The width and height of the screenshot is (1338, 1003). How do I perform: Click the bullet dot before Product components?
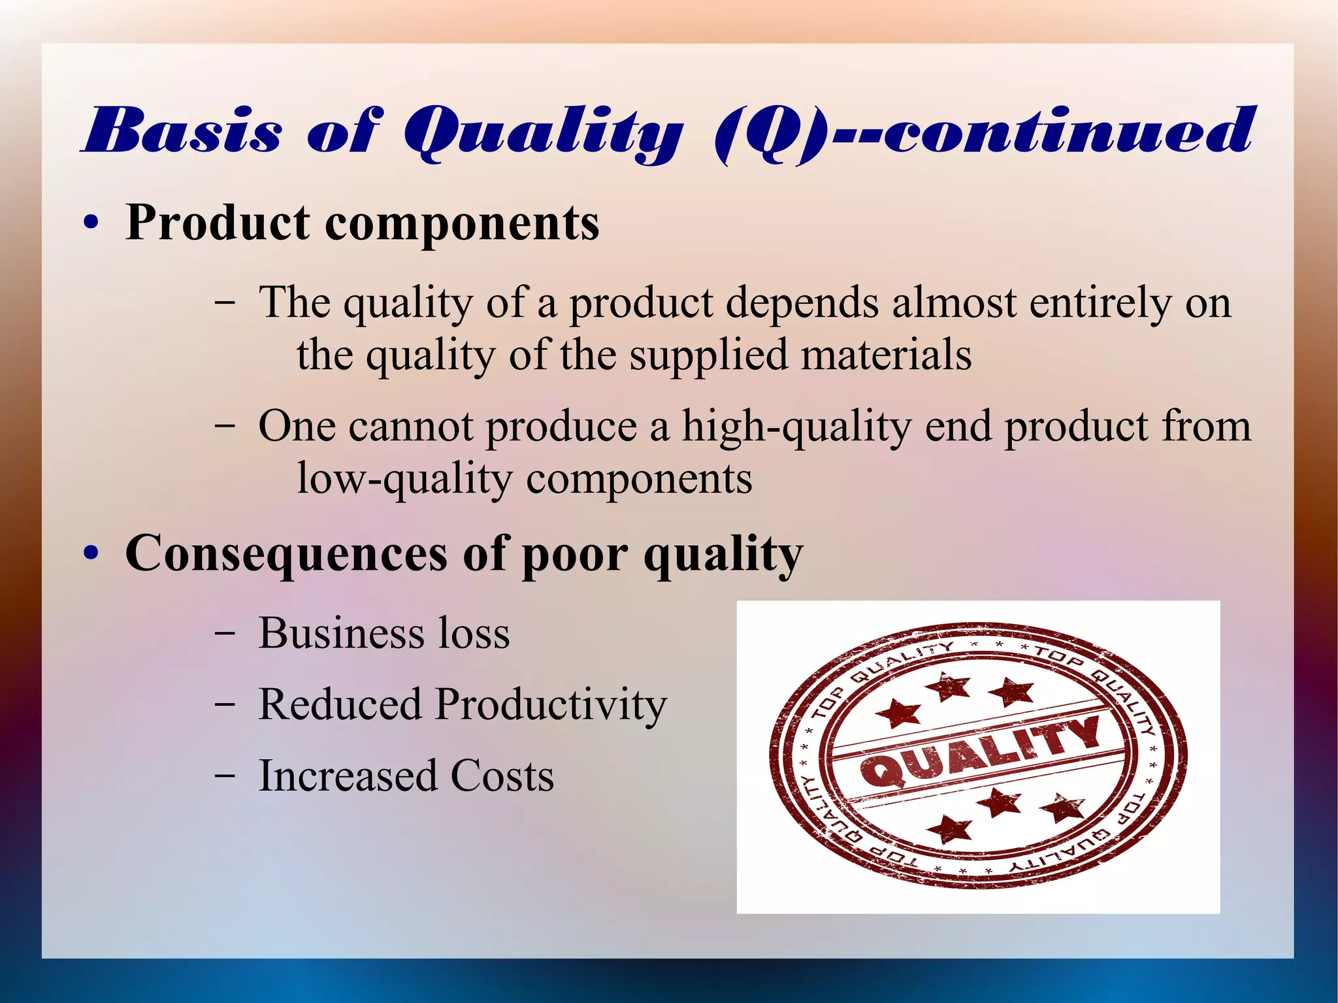click(x=91, y=223)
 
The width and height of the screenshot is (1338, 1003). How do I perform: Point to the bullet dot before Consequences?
click(x=91, y=553)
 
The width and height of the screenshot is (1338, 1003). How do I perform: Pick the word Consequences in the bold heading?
click(x=286, y=553)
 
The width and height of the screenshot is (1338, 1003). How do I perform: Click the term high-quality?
click(x=796, y=428)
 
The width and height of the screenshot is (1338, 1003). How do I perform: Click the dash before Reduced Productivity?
click(x=225, y=706)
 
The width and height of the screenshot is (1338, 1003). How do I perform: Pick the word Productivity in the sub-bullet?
click(x=551, y=706)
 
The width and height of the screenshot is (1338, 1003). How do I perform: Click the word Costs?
click(x=502, y=776)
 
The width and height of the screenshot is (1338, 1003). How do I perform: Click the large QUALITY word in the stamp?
click(x=981, y=751)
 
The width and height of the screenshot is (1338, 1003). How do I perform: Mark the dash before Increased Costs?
click(x=225, y=777)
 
